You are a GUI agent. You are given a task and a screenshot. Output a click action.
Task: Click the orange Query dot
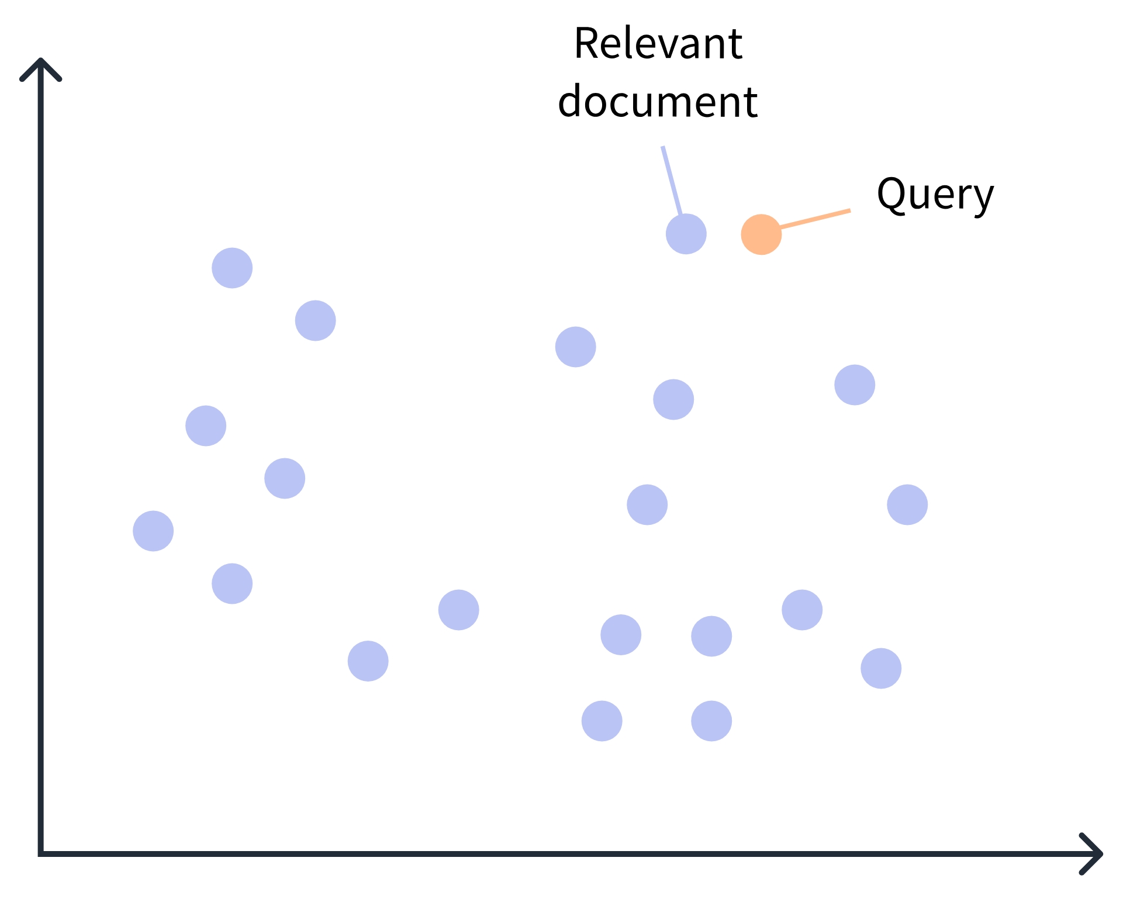761,234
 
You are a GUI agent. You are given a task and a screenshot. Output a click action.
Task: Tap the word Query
935,195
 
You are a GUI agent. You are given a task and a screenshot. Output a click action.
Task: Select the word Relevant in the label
658,44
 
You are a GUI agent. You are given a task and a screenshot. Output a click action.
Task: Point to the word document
658,102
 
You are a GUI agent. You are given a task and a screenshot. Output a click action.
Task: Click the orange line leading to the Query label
815,219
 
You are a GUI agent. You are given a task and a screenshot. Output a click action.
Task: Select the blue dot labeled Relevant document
686,234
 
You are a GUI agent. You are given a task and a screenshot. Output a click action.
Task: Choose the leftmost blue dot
153,531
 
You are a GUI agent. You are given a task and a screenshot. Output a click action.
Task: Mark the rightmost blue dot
907,504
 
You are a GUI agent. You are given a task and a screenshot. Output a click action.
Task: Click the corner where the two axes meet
41,853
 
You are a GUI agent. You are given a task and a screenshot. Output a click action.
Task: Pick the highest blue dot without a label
232,268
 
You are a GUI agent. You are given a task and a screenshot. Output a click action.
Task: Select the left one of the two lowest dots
602,721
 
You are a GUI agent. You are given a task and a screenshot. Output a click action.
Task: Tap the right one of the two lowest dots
711,721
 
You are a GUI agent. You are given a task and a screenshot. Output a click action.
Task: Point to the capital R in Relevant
586,44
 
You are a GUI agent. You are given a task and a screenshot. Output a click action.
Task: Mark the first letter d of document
571,102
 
